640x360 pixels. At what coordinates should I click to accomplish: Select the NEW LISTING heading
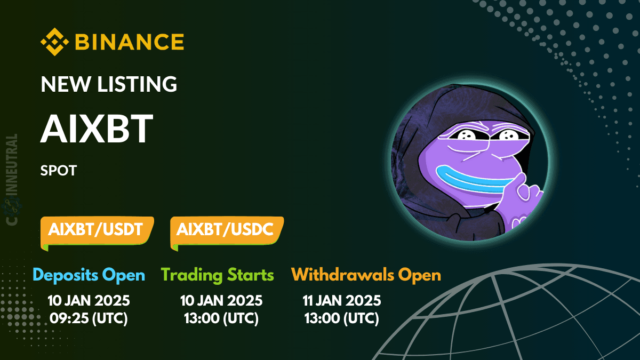pos(109,84)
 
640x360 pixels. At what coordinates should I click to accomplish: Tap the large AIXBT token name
pos(97,130)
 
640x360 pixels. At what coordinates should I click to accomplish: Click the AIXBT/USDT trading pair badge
pos(96,230)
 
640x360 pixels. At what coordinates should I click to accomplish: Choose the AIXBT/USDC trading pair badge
pos(225,230)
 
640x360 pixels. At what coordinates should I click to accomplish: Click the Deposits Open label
pos(89,275)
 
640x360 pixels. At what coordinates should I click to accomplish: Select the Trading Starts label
pos(217,275)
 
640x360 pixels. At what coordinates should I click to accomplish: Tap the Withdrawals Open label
pos(366,275)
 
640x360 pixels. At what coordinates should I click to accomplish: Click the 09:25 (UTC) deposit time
pos(89,318)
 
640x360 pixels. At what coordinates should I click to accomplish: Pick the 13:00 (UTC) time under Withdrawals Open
pos(341,318)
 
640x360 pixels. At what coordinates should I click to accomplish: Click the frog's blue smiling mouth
pos(469,179)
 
